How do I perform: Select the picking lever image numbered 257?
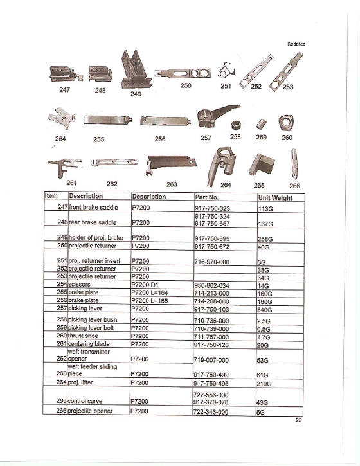tap(210, 119)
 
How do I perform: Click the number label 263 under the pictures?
tap(172, 184)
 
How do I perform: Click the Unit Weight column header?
tap(275, 198)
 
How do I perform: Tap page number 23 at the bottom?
tap(298, 420)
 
